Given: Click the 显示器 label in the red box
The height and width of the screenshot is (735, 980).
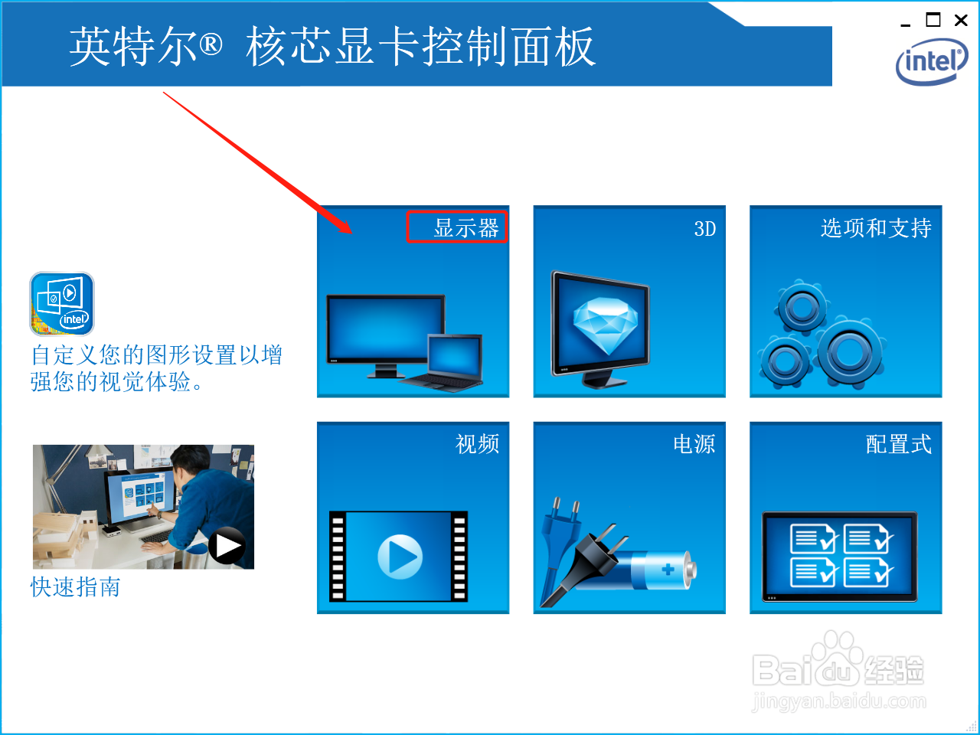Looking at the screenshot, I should point(465,227).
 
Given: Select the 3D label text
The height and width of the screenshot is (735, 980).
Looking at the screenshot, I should point(704,229).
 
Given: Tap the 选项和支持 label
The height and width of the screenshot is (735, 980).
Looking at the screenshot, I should point(876,228).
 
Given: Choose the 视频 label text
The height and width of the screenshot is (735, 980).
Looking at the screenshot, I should point(477,444).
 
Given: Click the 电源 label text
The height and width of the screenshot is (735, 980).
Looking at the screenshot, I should point(694,444).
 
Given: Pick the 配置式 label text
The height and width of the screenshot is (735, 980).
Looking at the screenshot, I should point(898,444).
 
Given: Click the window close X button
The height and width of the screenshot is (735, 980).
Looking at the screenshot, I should point(961,21).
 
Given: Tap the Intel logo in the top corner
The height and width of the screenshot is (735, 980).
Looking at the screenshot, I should point(931,62).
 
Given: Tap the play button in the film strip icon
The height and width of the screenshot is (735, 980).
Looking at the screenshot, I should point(400,557).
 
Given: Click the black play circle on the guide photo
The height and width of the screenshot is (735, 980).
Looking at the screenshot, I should point(227,546).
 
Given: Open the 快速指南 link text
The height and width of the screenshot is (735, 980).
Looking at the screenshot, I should point(75,587).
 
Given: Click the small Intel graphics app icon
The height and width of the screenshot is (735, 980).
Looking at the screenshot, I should point(62,304).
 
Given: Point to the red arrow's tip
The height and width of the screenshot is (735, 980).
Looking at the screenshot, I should point(351,233).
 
